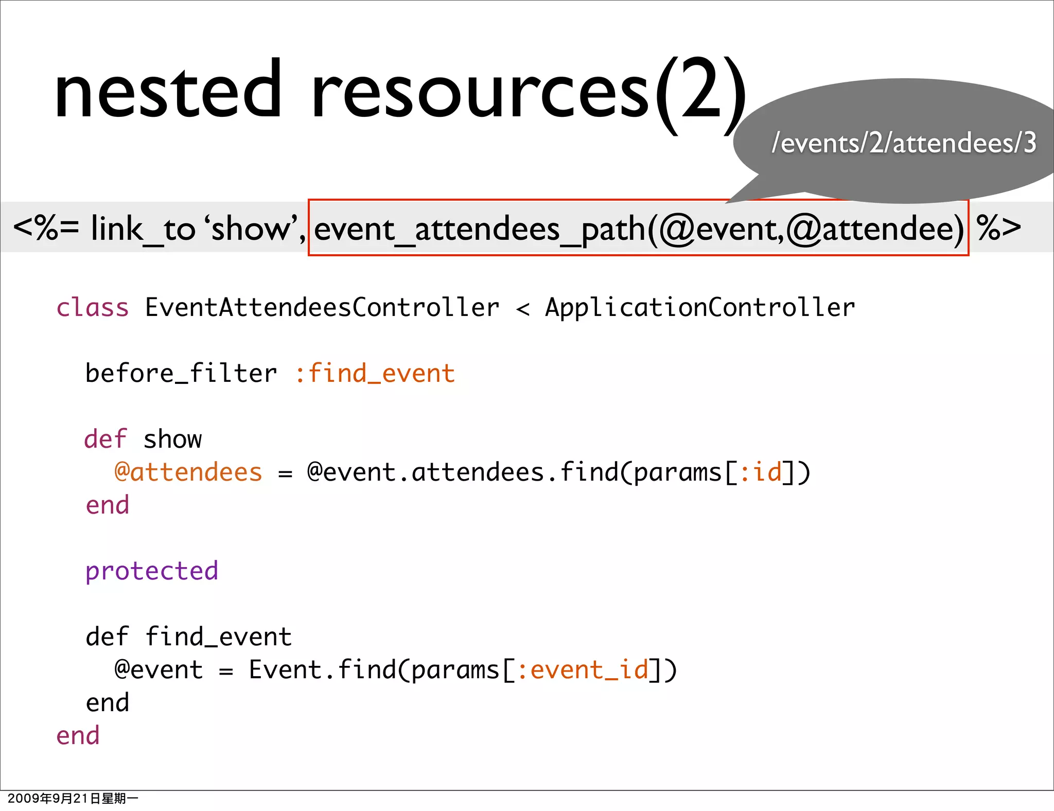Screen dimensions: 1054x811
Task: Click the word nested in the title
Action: pos(168,92)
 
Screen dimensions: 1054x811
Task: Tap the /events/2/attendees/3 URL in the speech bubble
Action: pos(904,143)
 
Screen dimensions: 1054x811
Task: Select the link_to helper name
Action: pos(143,229)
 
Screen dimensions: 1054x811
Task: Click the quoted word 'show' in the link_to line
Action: pos(252,228)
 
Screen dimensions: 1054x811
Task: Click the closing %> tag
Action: pos(998,228)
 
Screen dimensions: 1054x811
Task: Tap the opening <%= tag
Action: pos(46,228)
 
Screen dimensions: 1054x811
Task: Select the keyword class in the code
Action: pos(92,308)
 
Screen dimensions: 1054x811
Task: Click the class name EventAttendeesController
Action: pos(322,308)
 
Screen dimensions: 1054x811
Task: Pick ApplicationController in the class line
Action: pos(700,308)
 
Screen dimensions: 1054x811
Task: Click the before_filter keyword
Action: pos(181,373)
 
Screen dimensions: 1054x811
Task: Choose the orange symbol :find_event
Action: pos(375,373)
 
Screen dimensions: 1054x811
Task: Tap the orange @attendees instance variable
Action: pos(188,472)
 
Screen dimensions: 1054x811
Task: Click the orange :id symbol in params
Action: pos(761,472)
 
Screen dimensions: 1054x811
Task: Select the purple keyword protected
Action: pos(152,571)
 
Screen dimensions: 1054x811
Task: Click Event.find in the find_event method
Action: pos(322,669)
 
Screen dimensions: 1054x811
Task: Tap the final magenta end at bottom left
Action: pos(78,735)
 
